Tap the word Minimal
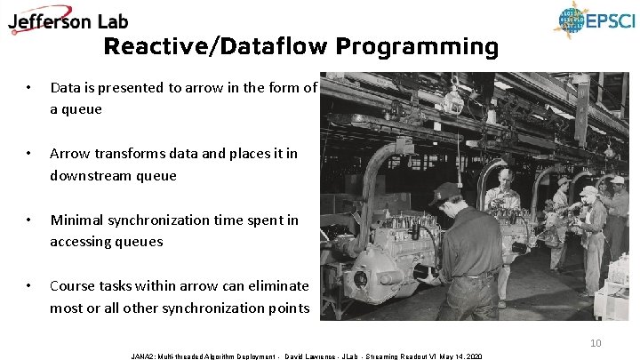click(x=76, y=220)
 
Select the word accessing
click(x=82, y=241)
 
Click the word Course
click(x=72, y=286)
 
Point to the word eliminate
click(x=276, y=286)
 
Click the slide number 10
click(x=596, y=343)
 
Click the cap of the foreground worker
click(x=444, y=191)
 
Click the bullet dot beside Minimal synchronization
click(x=29, y=220)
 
